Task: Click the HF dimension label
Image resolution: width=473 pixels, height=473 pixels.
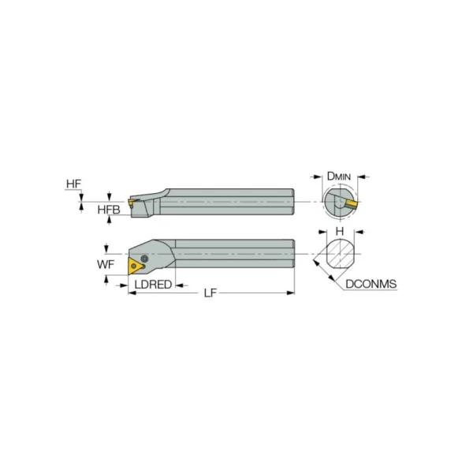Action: click(x=73, y=184)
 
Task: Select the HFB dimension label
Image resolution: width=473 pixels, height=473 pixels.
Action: click(x=109, y=210)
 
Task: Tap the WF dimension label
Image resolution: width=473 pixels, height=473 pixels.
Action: click(x=106, y=265)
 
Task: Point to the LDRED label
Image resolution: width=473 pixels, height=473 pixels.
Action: click(x=153, y=285)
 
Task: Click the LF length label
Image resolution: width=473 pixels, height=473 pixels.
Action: click(x=210, y=292)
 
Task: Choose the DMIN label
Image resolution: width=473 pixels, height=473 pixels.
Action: click(x=339, y=176)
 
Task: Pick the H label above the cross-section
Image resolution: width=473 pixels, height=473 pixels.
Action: click(x=340, y=231)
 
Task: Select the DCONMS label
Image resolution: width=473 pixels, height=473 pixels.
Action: click(x=371, y=284)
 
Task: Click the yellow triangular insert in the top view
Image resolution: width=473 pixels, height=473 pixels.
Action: click(x=135, y=266)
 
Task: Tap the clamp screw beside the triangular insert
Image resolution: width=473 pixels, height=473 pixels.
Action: click(x=145, y=259)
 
